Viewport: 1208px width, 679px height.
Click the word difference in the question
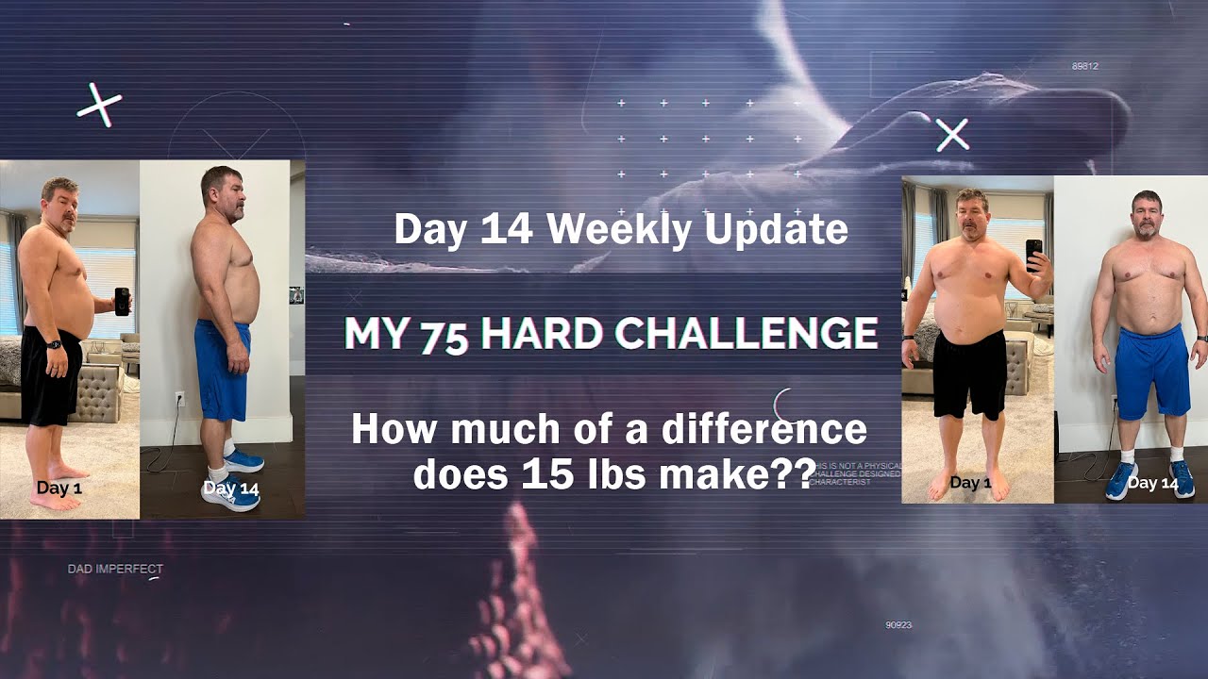[764, 430]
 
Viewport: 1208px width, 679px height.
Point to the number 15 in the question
[538, 474]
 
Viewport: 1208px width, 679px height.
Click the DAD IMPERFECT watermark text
[115, 569]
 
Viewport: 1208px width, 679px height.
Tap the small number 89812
[1084, 66]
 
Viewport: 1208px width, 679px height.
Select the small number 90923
[898, 624]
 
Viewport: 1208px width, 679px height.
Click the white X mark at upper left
[99, 106]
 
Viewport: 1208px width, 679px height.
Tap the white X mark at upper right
[952, 135]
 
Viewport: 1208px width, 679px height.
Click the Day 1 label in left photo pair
[59, 489]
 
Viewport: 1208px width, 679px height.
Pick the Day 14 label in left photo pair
[230, 489]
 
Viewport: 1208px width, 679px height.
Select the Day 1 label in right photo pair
[970, 483]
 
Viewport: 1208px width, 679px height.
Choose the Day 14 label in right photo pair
[1153, 483]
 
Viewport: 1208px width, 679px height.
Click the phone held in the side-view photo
[122, 301]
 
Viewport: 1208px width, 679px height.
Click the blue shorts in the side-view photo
[224, 368]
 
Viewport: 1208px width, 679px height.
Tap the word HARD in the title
[538, 333]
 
